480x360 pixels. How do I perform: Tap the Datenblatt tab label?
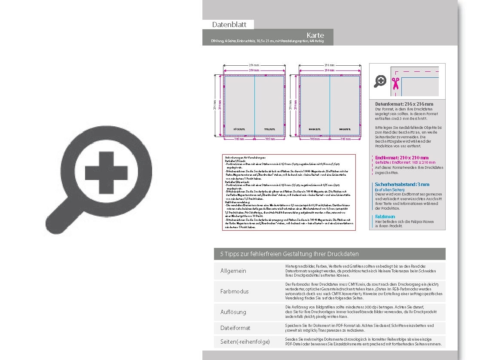tap(229, 25)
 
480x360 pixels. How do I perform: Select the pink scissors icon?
tap(395, 83)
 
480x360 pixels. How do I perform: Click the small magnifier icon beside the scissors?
tap(380, 81)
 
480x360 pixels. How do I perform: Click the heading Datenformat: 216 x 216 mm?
tap(404, 104)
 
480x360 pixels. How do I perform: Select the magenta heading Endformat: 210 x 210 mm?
tap(402, 158)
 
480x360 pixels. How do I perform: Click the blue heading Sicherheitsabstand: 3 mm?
tap(402, 184)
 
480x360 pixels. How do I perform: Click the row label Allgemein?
tap(233, 271)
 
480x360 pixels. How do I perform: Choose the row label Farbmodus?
tap(235, 292)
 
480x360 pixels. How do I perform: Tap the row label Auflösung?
tap(233, 312)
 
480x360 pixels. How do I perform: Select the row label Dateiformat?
tap(235, 328)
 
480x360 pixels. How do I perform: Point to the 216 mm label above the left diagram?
tap(254, 65)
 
